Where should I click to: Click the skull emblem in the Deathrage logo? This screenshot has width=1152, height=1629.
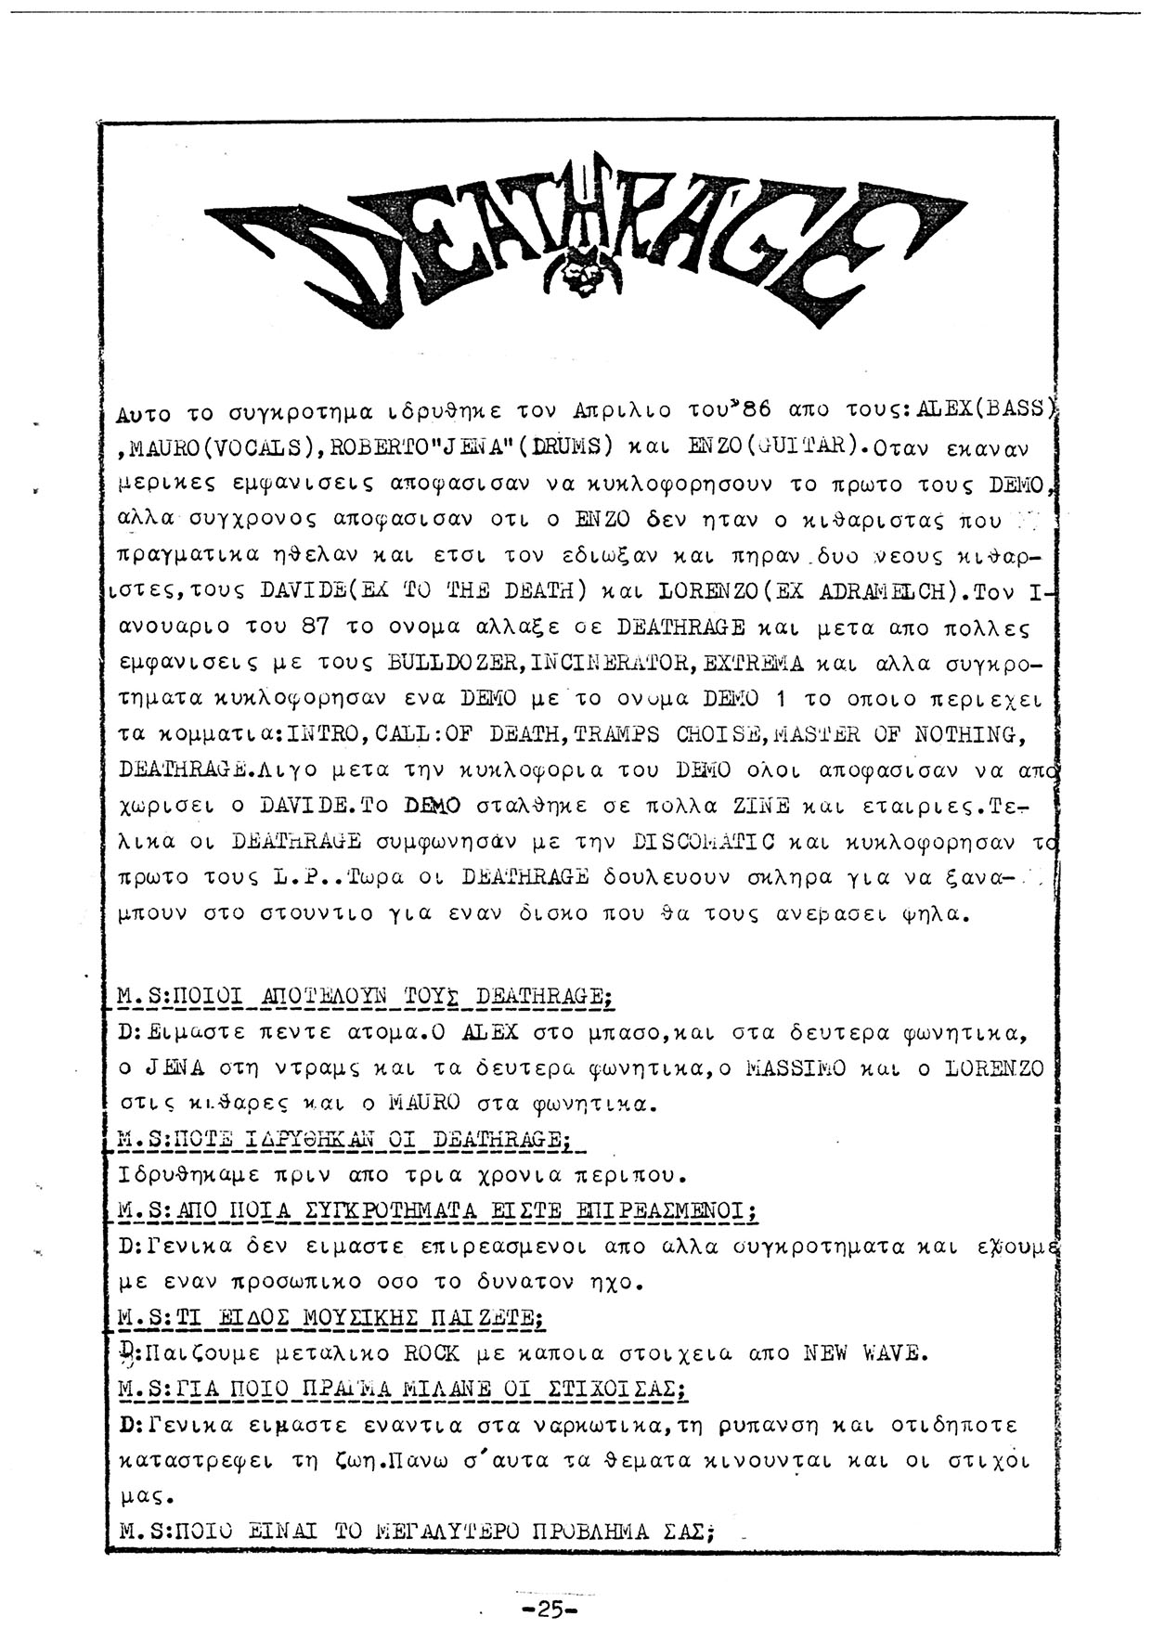[582, 270]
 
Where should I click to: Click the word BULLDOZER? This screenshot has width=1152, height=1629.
[435, 664]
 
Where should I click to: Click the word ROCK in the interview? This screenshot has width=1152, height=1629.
[432, 1353]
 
